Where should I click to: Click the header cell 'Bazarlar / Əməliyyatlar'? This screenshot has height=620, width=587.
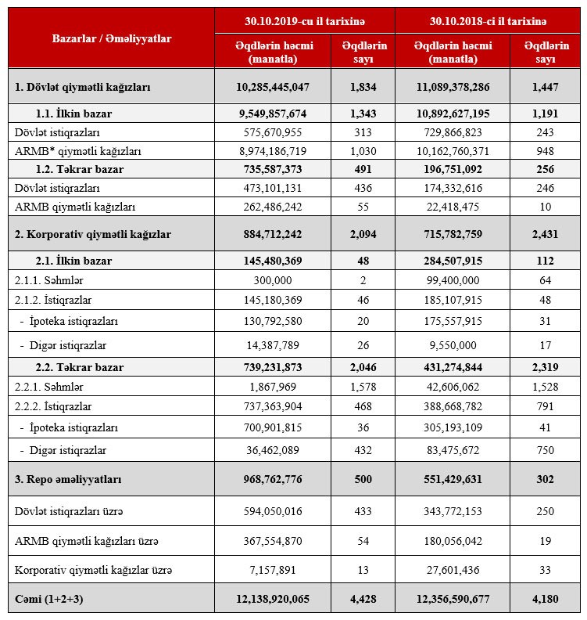click(x=111, y=38)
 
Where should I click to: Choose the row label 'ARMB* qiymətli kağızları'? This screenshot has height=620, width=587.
click(x=68, y=151)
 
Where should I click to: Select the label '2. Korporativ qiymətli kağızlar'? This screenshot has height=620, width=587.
click(x=93, y=234)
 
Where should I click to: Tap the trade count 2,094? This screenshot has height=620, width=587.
click(x=363, y=234)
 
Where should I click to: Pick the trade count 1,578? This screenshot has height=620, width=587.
click(x=363, y=386)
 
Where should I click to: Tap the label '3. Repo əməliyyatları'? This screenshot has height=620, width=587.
click(x=68, y=478)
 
